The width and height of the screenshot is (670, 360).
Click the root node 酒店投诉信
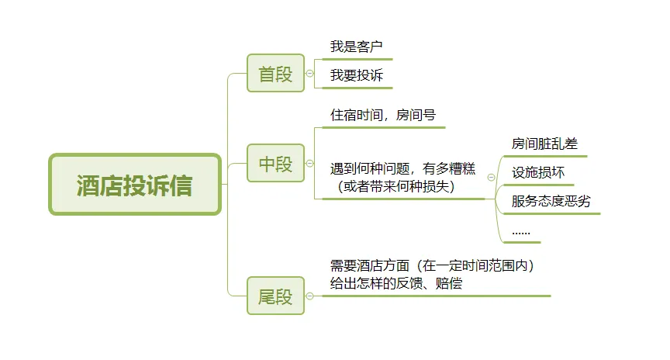pyautogui.click(x=135, y=185)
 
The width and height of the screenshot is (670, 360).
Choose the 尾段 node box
pyautogui.click(x=275, y=296)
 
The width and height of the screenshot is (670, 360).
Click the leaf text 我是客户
pyautogui.click(x=357, y=47)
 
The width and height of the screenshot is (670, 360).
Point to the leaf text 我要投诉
pyautogui.click(x=357, y=75)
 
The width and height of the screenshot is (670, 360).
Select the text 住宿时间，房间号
pyautogui.click(x=383, y=115)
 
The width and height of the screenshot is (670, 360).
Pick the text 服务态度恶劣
pyautogui.click(x=551, y=201)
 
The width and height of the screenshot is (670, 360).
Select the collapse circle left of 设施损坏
pyautogui.click(x=491, y=177)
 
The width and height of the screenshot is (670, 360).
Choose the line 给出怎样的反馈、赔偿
pyautogui.click(x=395, y=283)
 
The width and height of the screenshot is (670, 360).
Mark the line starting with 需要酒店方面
pyautogui.click(x=432, y=265)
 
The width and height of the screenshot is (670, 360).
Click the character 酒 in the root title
pyautogui.click(x=88, y=185)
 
